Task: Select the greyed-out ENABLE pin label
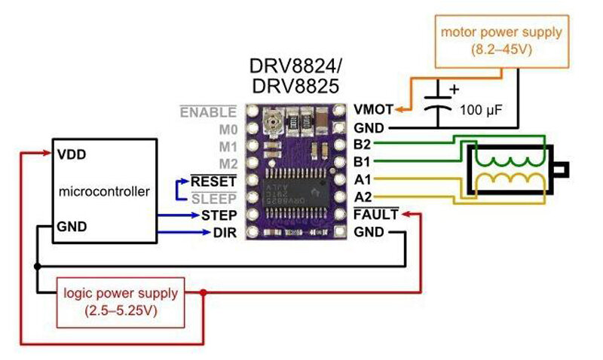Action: (x=208, y=111)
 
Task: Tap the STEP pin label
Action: (x=219, y=215)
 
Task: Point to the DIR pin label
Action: (x=225, y=233)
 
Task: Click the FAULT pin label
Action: (x=375, y=215)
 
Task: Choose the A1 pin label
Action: (x=362, y=179)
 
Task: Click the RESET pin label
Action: (x=214, y=181)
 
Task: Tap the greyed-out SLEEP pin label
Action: (x=214, y=198)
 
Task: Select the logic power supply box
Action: (x=121, y=300)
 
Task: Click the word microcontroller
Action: (x=104, y=192)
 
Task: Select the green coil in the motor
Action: (x=508, y=160)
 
